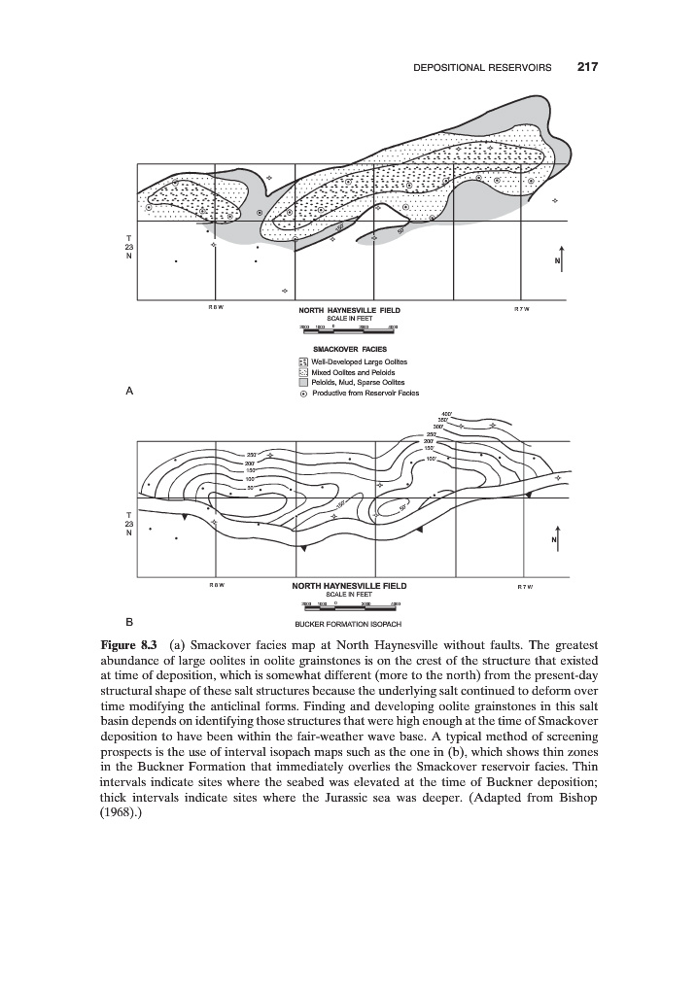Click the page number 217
586,68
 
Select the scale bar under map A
349,327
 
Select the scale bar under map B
349,605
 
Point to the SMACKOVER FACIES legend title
349,349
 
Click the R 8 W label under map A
215,309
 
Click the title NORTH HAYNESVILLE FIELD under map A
349,310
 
